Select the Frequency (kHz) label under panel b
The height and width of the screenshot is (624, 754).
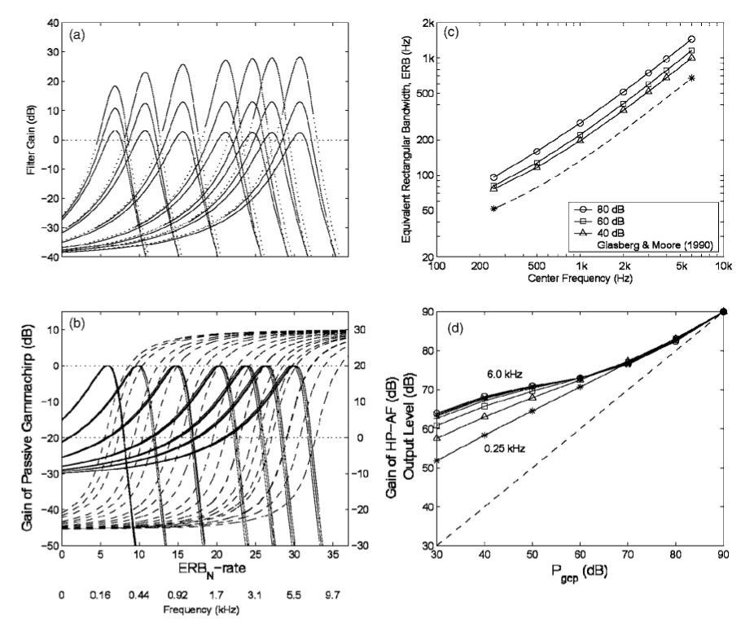coord(192,609)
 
